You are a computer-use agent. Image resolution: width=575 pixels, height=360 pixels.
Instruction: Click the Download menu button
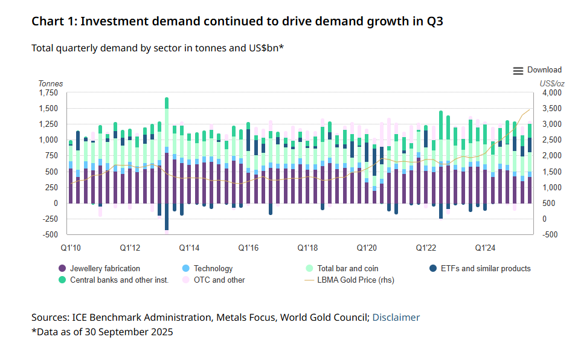pos(537,71)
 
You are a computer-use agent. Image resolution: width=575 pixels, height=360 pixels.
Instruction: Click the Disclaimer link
pos(396,317)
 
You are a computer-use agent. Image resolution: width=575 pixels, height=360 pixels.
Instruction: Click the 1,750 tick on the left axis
pos(49,93)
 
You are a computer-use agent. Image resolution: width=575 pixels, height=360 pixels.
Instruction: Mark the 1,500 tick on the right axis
pos(550,172)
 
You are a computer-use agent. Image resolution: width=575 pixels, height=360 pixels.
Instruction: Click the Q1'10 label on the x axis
pos(71,248)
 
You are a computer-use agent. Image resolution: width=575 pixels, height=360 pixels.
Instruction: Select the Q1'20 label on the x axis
pos(367,248)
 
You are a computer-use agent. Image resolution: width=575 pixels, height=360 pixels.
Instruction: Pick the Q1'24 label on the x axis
pos(485,248)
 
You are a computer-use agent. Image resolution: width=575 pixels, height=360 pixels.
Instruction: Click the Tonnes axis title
pos(51,83)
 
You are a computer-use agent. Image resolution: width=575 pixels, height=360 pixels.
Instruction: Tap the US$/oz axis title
pos(552,83)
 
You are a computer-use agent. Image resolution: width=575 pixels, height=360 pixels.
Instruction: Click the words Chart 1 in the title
pos(53,21)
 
